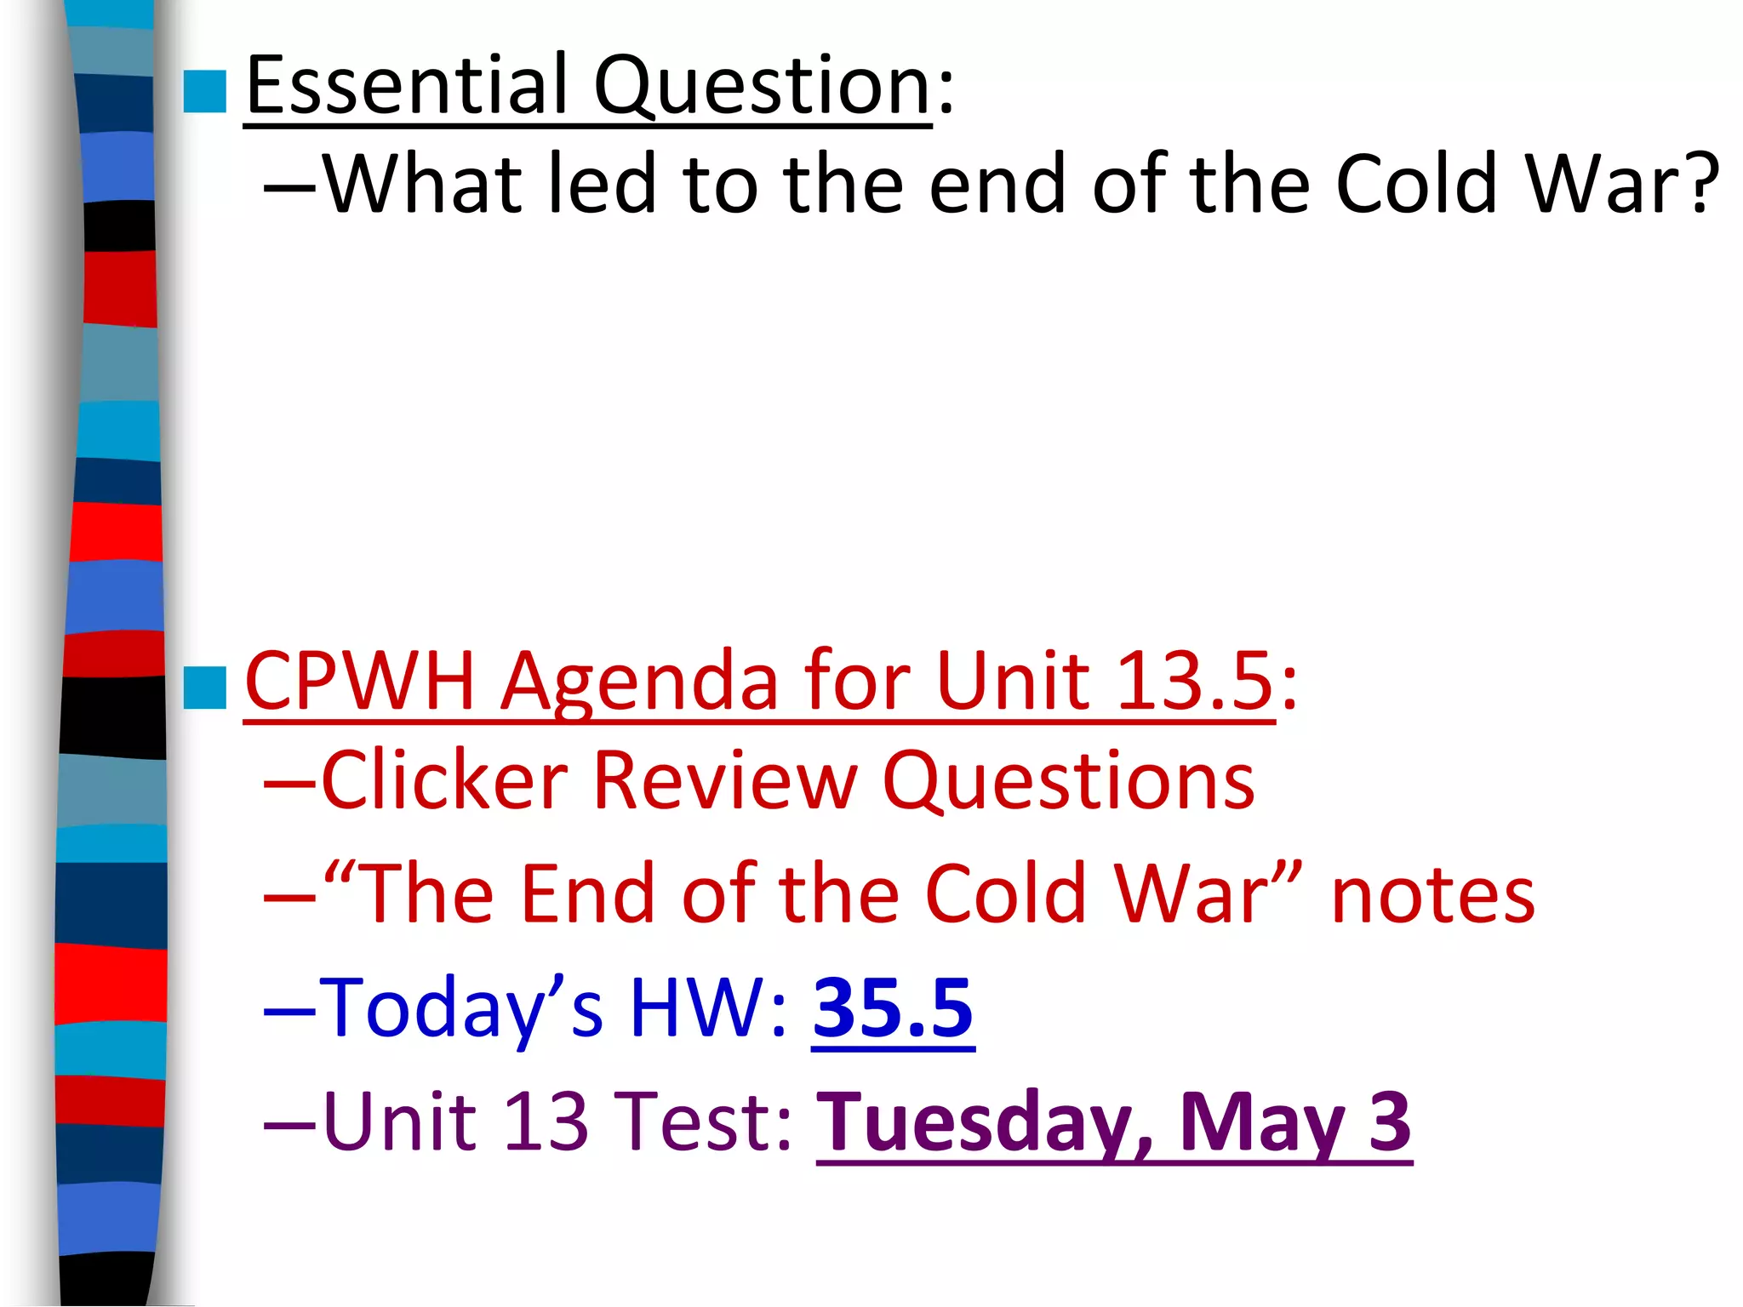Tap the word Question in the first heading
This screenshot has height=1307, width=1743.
(762, 87)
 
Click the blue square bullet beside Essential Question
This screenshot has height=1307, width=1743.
(204, 92)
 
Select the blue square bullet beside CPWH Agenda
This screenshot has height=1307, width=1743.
(204, 688)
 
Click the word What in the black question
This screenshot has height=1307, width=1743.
(422, 184)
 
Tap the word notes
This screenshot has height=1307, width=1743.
(1433, 895)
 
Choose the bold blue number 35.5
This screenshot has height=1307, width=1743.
(893, 1008)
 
